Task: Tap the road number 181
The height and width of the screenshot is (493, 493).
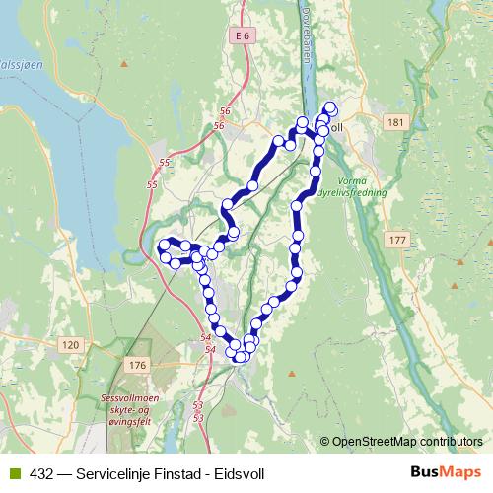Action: click(x=396, y=121)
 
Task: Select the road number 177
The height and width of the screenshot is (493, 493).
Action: click(x=396, y=241)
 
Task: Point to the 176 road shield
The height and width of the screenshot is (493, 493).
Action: click(x=136, y=366)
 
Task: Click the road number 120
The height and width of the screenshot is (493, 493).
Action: click(x=69, y=344)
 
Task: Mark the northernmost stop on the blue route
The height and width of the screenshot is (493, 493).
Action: click(x=329, y=107)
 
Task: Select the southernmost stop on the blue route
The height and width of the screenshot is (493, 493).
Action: click(x=240, y=356)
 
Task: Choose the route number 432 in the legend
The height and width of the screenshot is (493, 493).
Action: click(x=40, y=471)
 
